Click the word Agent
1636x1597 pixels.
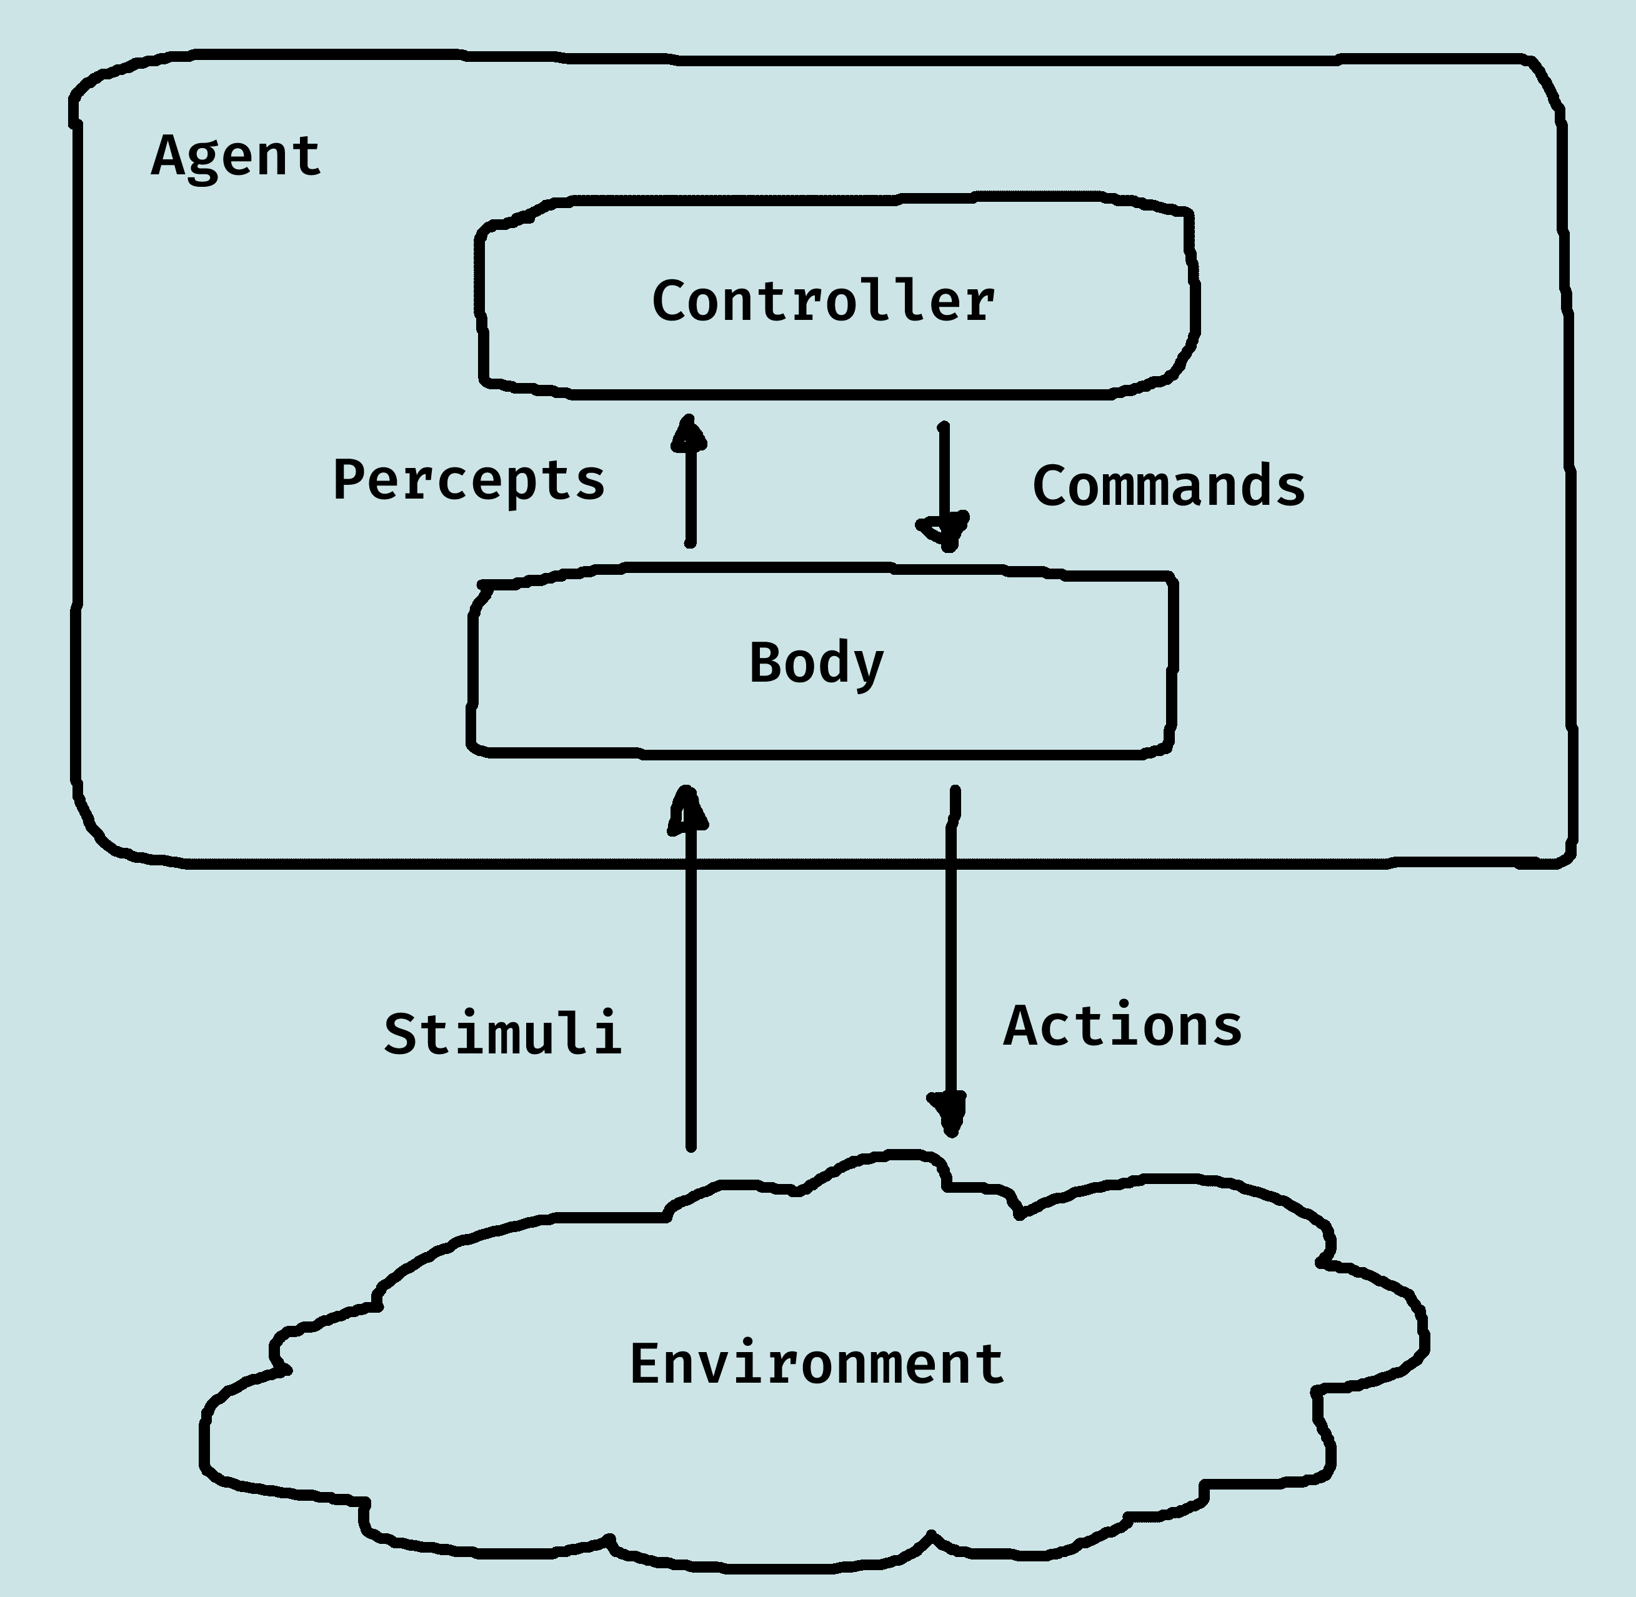[236, 157]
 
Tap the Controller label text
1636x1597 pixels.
[823, 301]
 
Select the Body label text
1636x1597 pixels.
[816, 664]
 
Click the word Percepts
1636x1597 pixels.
[468, 480]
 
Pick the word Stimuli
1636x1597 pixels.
[502, 1033]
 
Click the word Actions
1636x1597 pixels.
[1122, 1026]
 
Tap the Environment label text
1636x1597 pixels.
[816, 1365]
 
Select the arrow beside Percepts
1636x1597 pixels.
[690, 482]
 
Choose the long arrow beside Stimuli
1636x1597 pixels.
[690, 973]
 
